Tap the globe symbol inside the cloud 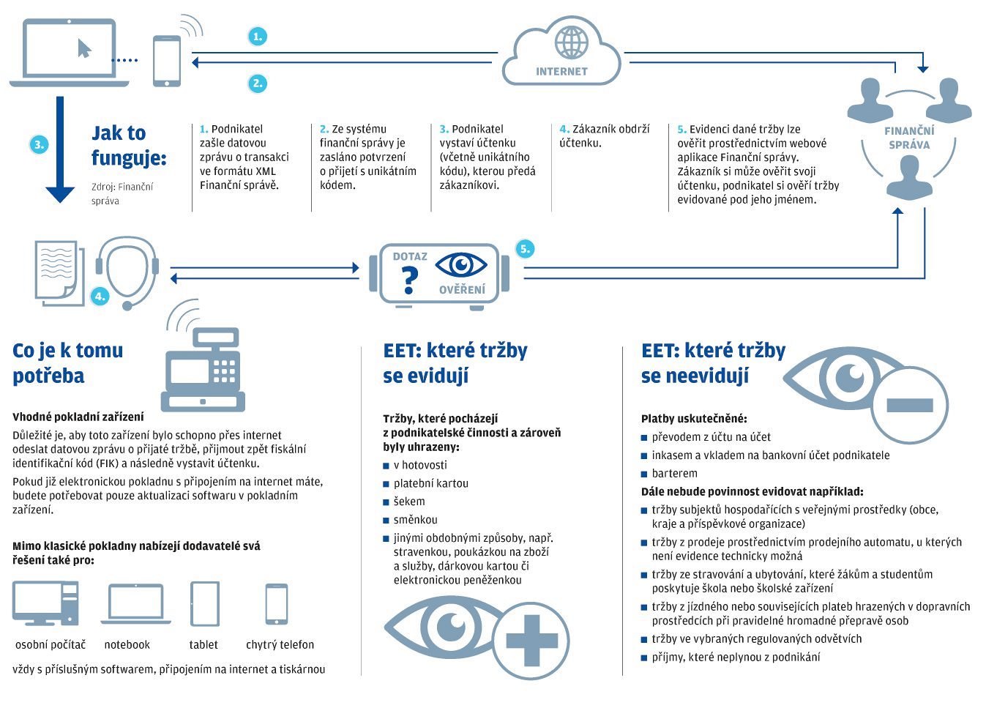point(571,42)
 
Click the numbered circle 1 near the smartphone point(257,36)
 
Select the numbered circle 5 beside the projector point(524,249)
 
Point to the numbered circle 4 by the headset point(100,296)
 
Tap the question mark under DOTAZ point(409,280)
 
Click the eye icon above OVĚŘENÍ point(460,264)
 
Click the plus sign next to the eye point(531,641)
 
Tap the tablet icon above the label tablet point(204,604)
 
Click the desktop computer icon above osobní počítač point(45,603)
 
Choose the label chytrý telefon point(280,645)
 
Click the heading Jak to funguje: point(129,145)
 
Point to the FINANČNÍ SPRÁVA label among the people point(909,138)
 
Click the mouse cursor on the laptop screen point(84,48)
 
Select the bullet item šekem point(408,502)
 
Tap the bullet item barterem point(674,473)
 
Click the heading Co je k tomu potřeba point(67,362)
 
